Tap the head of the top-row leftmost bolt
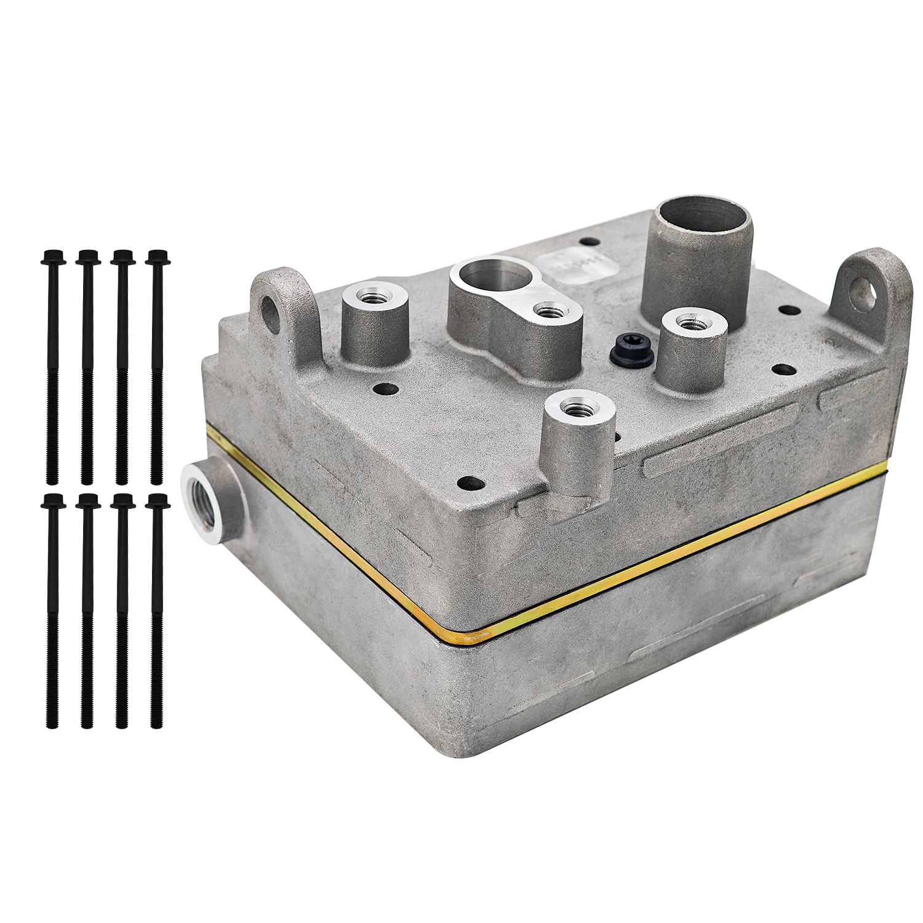coord(51,257)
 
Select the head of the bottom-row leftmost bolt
coord(51,501)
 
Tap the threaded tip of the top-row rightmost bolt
coord(157,474)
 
